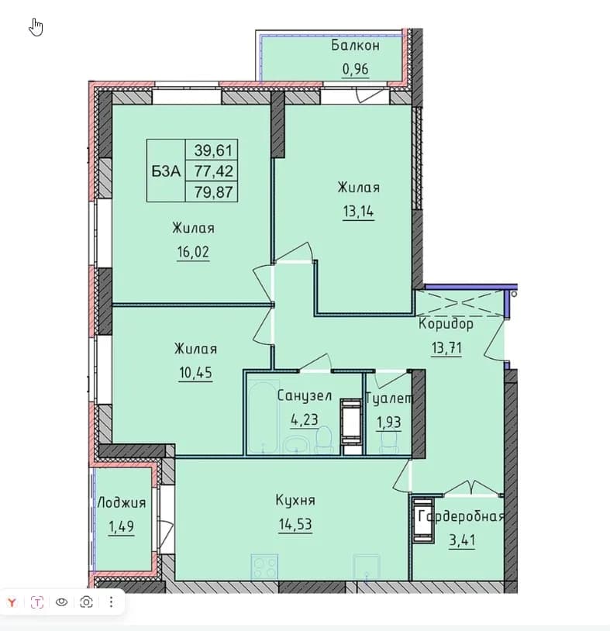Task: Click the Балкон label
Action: coord(355,46)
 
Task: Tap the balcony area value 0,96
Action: coord(355,69)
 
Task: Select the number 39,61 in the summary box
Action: coord(213,150)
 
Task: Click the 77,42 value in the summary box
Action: coord(213,171)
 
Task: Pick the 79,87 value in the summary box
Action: coord(213,191)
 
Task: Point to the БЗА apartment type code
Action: coord(166,171)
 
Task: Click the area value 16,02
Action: coord(193,252)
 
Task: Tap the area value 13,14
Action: coord(358,211)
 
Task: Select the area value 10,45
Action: coord(195,373)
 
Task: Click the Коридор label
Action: coord(446,324)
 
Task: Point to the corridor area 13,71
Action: coord(446,347)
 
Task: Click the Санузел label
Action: coord(305,396)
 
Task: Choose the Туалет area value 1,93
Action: coord(388,422)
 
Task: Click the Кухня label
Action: coord(295,500)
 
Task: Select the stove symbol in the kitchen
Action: coord(264,567)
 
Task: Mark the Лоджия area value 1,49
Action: coord(121,526)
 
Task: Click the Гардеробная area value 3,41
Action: coord(462,540)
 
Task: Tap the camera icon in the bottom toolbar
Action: coord(86,602)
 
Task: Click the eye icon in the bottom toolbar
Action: coord(61,602)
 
